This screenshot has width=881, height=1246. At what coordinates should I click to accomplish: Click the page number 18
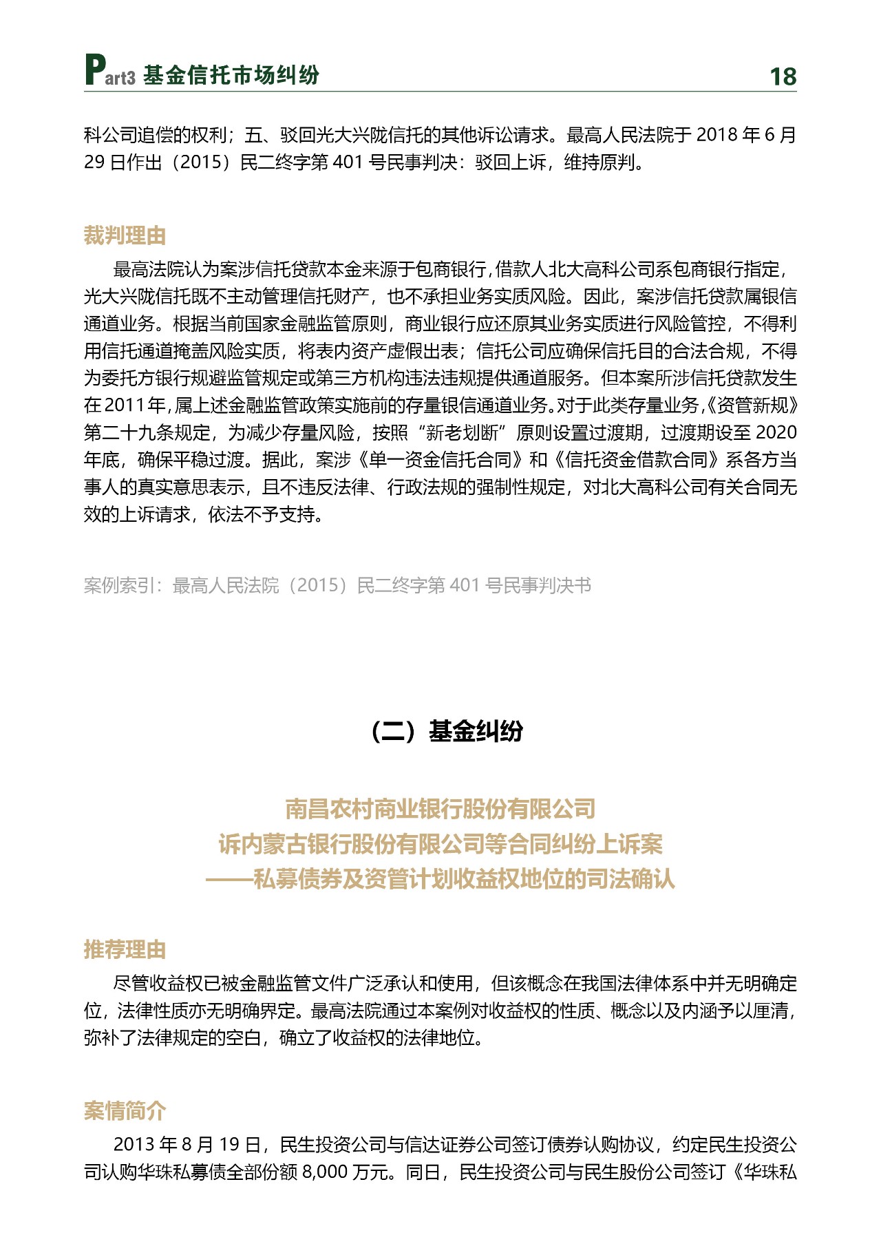(x=783, y=76)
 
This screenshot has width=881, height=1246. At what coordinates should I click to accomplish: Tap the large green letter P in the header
(x=95, y=70)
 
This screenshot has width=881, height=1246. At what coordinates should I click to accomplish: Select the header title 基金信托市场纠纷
(x=231, y=76)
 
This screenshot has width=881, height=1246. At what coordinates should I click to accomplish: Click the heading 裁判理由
(x=125, y=235)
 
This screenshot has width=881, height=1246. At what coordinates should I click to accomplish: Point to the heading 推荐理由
(x=125, y=949)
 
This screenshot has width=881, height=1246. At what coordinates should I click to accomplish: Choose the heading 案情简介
(x=125, y=1110)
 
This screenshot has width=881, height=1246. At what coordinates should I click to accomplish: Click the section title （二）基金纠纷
(x=446, y=731)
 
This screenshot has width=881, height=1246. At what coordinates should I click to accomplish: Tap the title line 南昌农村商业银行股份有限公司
(x=440, y=809)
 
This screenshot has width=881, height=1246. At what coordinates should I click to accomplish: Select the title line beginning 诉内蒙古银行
(x=440, y=844)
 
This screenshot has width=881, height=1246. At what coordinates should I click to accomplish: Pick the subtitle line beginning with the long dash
(x=440, y=879)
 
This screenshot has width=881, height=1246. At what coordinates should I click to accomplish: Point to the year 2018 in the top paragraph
(x=717, y=135)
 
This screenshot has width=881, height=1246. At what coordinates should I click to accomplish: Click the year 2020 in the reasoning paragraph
(x=776, y=433)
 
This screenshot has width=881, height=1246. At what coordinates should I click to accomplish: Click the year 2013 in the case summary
(x=134, y=1144)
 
